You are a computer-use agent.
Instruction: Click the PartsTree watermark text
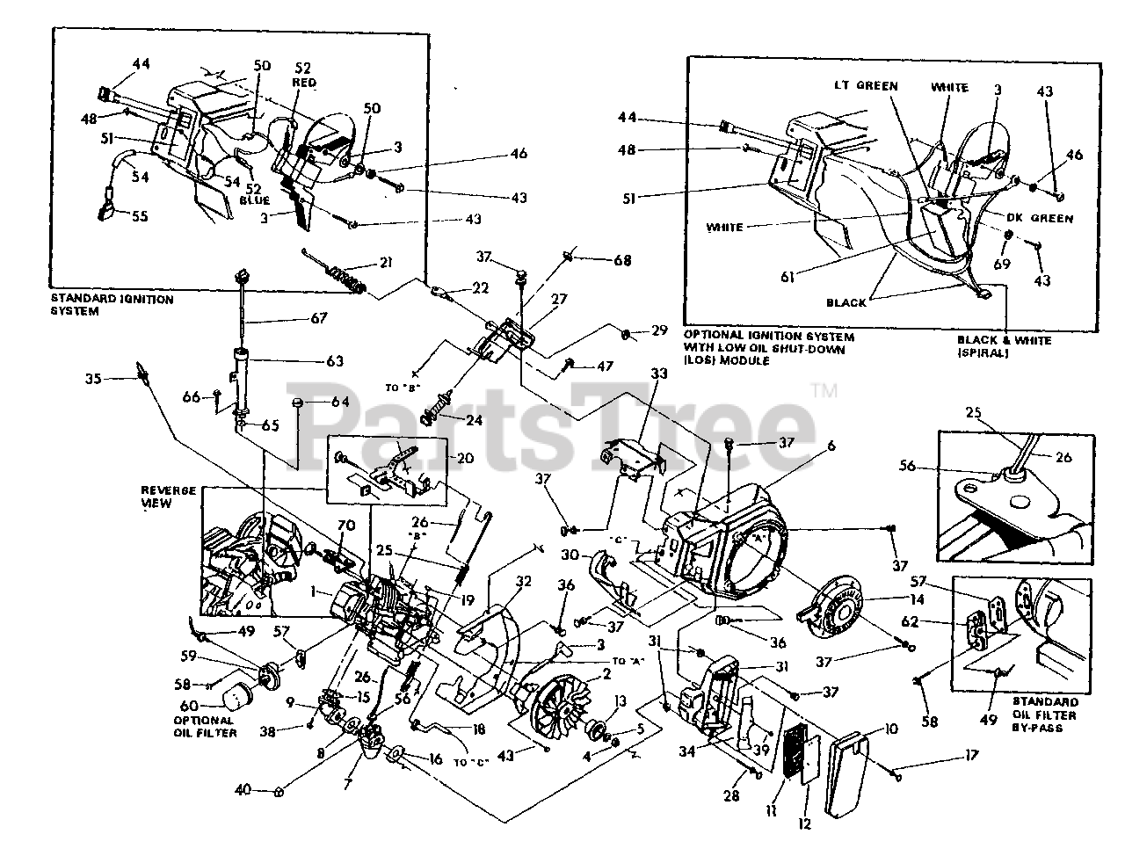554,406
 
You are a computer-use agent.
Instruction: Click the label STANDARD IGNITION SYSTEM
112,305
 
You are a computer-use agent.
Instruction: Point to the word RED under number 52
305,83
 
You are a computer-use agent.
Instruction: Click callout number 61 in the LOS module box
787,277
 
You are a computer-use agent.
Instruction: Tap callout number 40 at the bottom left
248,790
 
